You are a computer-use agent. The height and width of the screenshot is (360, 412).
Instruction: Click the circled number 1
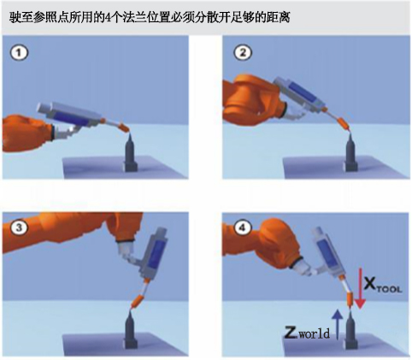[19, 53]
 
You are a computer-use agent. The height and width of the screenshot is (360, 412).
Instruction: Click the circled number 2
[243, 53]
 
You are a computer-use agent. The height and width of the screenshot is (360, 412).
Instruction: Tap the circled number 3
[19, 227]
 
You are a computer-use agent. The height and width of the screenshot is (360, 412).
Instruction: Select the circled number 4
[243, 227]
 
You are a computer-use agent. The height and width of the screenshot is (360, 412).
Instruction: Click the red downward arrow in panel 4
[361, 288]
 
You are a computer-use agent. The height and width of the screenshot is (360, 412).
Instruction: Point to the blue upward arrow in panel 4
[338, 324]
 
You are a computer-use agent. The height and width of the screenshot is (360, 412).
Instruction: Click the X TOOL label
[383, 285]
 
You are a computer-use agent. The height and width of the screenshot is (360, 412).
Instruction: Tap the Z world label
[307, 333]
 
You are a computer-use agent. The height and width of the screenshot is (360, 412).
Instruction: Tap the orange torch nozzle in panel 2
[343, 124]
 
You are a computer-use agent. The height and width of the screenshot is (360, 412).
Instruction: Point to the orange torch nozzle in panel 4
[350, 300]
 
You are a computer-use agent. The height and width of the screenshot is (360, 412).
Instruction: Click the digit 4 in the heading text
[107, 18]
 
